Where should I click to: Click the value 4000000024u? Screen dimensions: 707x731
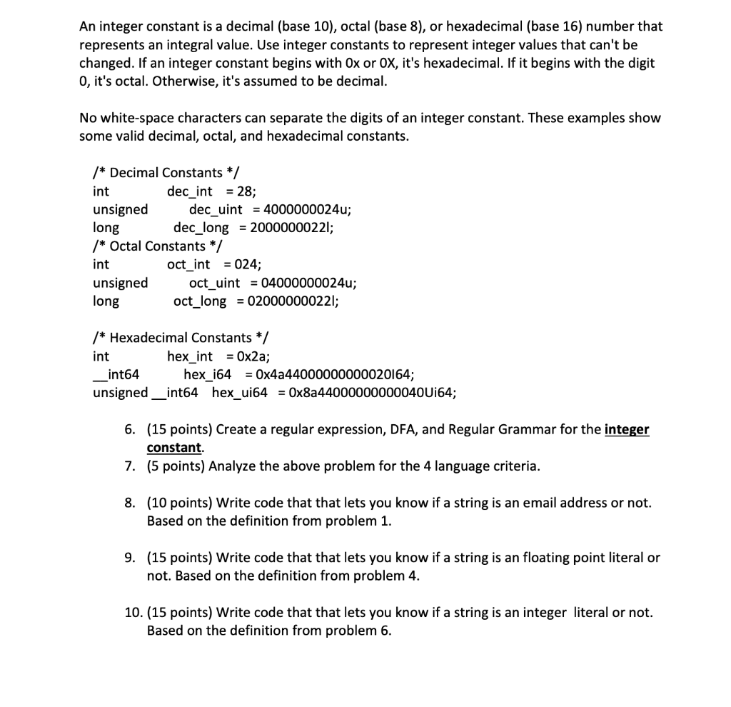[306, 210]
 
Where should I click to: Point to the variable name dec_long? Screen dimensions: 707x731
[201, 229]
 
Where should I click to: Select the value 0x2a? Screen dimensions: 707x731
[254, 356]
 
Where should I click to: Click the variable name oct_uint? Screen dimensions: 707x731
[214, 283]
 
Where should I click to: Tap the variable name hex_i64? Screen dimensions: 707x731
[211, 375]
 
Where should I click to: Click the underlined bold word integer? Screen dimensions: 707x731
[627, 430]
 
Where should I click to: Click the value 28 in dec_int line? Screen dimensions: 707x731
[247, 191]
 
